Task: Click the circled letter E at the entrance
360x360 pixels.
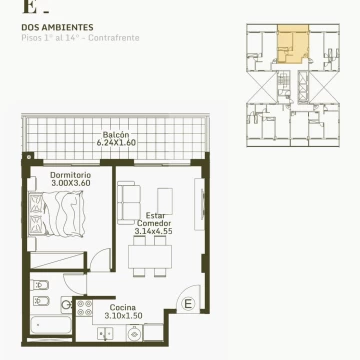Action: (188, 304)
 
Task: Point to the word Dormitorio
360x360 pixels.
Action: (70, 175)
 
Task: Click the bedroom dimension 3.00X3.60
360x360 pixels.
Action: (71, 183)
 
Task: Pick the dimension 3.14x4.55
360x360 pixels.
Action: (154, 231)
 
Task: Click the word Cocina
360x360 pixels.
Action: (123, 307)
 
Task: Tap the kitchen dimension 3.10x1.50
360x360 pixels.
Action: (123, 316)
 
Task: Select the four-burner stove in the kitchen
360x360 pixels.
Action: (84, 308)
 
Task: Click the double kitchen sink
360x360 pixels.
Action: (105, 334)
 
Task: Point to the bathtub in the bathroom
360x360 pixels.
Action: (51, 325)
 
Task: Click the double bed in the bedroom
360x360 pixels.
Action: (56, 214)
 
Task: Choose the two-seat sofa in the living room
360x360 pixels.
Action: (129, 203)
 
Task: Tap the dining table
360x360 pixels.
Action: (150, 257)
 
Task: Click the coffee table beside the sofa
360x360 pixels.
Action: (165, 201)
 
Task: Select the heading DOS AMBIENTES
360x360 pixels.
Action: (57, 27)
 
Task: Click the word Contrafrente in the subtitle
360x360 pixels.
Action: (114, 38)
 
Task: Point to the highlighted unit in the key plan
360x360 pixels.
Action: (293, 44)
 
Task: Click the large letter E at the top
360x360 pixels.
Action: (29, 7)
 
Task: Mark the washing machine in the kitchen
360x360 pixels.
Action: (134, 333)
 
